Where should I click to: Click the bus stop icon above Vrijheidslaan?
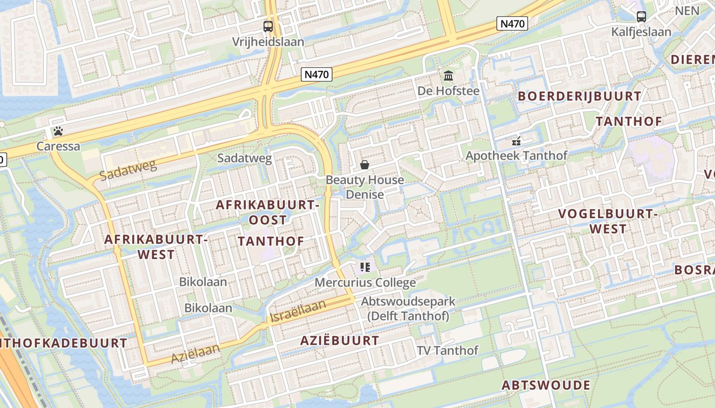(268, 26)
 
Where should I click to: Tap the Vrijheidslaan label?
(268, 41)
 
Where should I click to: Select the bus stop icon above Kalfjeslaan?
(641, 17)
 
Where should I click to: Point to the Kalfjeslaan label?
(641, 32)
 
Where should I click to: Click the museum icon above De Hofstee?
(448, 76)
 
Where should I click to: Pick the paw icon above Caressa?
(58, 131)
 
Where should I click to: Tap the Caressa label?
(58, 146)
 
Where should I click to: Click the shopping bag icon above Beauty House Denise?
(365, 165)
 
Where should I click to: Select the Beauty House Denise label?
(365, 187)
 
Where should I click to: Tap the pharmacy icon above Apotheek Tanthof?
(516, 141)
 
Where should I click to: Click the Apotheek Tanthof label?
(516, 156)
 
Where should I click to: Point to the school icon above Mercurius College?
(365, 267)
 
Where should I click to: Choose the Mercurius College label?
(365, 283)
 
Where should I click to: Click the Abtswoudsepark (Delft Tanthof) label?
(408, 309)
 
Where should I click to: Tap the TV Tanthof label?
(447, 350)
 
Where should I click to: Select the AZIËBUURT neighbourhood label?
(340, 341)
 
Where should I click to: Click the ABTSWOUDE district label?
(546, 385)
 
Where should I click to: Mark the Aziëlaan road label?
(195, 353)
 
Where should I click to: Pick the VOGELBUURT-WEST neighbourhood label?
(607, 221)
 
